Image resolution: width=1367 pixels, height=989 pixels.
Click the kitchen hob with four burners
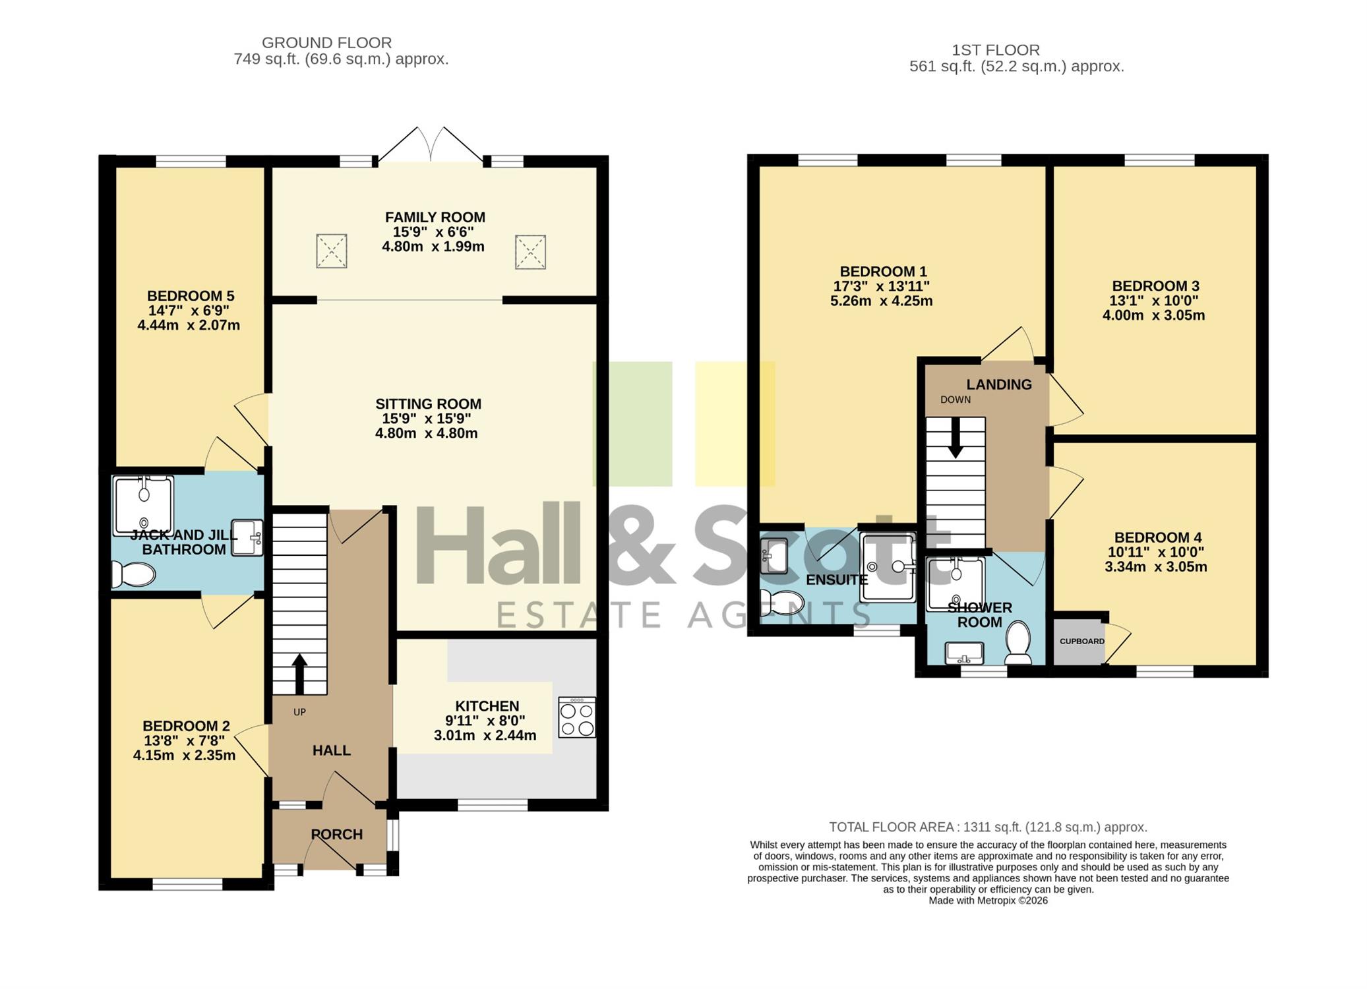(576, 717)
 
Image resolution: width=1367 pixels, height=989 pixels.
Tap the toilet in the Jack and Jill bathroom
(133, 574)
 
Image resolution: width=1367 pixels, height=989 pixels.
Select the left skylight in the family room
(331, 251)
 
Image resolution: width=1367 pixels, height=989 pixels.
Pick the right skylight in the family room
(530, 252)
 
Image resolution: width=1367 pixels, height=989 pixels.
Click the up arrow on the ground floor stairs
(299, 673)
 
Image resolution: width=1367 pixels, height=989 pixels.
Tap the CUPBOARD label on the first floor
(1081, 642)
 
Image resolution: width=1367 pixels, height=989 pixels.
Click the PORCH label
(337, 834)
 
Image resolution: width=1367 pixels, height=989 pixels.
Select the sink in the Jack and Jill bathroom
(247, 537)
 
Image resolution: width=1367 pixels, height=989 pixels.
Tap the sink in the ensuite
(774, 556)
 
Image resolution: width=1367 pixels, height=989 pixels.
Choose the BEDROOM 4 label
(1157, 537)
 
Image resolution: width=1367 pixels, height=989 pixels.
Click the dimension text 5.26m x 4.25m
(881, 301)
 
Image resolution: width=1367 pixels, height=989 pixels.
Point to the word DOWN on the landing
(956, 400)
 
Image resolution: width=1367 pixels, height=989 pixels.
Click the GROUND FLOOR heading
(327, 43)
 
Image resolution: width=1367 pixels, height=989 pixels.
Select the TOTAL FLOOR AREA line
(988, 827)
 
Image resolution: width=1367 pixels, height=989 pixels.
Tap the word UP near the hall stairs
(299, 712)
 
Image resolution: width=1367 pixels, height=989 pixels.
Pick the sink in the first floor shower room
(964, 653)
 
